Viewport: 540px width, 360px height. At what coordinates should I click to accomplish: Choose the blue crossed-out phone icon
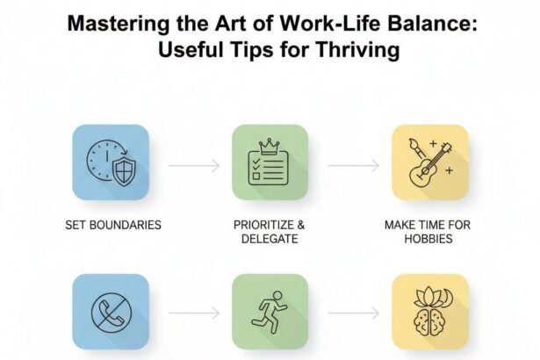click(112, 311)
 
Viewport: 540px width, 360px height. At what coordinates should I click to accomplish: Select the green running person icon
click(270, 311)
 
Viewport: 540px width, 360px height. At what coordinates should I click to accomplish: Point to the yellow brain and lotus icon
click(427, 311)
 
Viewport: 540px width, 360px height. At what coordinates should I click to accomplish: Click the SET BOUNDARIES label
click(112, 225)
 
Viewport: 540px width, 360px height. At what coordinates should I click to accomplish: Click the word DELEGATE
click(270, 239)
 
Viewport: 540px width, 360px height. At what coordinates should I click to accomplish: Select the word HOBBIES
click(428, 239)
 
